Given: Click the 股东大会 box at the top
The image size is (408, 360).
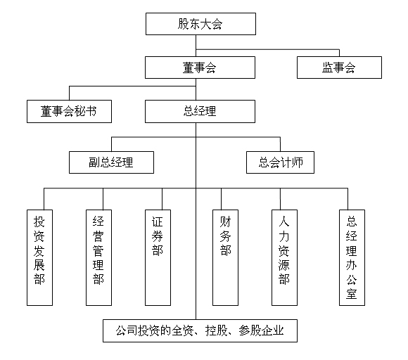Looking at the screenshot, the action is point(200,24).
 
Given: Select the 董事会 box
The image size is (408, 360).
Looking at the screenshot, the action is point(200,67).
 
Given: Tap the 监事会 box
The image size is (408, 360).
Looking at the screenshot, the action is point(339,67).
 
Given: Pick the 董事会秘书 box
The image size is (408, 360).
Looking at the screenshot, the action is point(69,111).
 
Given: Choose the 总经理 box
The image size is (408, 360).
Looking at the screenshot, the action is point(200,111).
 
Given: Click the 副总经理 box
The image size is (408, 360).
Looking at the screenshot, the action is point(111,162).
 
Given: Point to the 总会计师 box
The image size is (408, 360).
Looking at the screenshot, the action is point(280,162).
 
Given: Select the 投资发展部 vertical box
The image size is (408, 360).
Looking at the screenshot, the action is point(39,257).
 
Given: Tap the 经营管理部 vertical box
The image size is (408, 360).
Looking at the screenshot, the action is point(98,257).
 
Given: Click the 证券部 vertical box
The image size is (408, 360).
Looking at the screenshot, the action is point(158,257).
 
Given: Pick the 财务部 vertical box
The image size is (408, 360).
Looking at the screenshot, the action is point(225,257).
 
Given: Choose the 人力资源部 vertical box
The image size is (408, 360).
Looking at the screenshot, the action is point(284,257).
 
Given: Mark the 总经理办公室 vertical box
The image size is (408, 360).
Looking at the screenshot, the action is point(352,257).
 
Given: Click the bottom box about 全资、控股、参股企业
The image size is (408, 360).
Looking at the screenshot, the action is point(200,330).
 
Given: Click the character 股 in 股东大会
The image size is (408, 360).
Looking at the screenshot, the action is point(183,24).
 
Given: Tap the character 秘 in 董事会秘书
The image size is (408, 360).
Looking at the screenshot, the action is point(79,111).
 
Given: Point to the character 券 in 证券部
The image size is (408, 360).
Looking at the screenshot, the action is point(158,236).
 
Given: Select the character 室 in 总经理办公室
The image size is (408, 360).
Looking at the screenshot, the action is point(352,294).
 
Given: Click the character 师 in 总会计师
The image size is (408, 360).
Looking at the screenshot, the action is point(297,162).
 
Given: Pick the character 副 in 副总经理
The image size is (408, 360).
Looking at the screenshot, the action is point(94,162).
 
